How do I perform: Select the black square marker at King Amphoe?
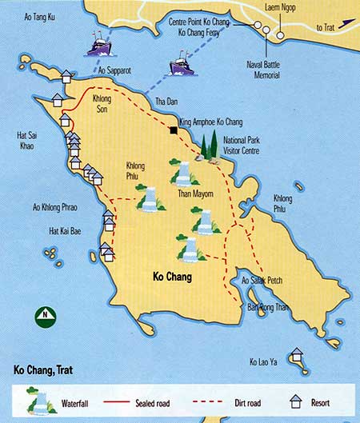173,130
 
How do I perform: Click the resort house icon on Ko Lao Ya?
296,354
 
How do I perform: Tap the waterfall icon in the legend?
35,402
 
